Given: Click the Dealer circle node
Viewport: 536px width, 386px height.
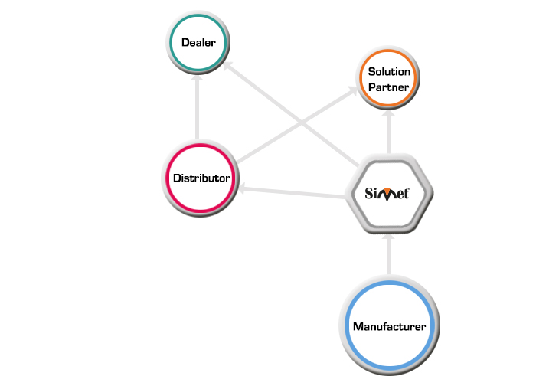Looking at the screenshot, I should [x=198, y=42].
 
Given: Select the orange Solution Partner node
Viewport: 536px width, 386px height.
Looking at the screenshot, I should [x=389, y=79].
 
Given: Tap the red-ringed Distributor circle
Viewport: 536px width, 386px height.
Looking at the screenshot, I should [x=201, y=178].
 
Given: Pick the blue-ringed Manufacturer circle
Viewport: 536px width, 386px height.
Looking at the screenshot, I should [x=389, y=326].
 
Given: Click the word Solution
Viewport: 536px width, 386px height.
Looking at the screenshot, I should [x=389, y=71].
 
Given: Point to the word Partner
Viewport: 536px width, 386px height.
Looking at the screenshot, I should [x=389, y=87].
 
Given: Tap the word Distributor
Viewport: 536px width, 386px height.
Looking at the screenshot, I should [x=201, y=178].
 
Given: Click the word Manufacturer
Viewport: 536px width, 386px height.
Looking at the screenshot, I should [x=389, y=326].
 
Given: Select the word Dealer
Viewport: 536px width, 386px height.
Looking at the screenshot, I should [x=198, y=42].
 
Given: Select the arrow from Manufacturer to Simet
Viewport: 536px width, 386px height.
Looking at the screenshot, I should [x=389, y=257].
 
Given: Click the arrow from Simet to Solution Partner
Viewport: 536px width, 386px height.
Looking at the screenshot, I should [x=389, y=134].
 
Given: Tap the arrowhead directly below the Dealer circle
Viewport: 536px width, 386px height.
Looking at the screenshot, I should [x=198, y=79].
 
